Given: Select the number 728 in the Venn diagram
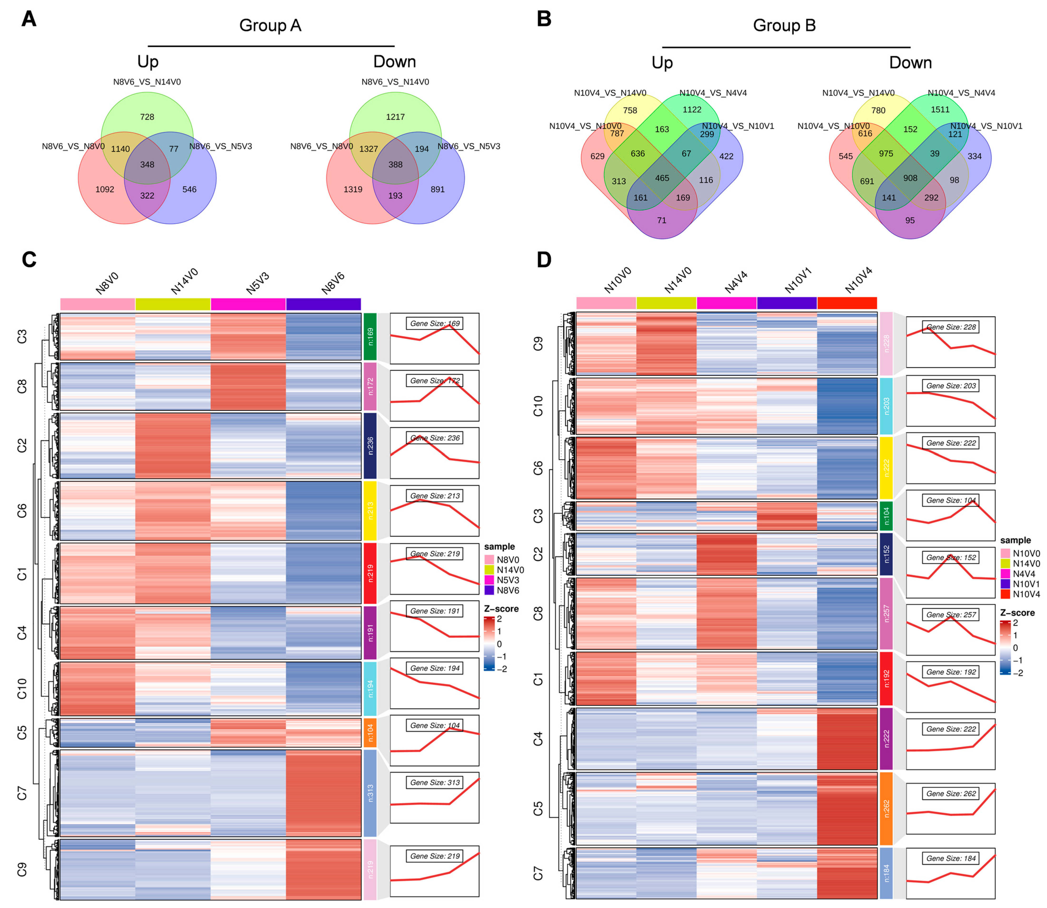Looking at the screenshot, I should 147,117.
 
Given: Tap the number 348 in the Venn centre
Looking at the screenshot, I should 147,165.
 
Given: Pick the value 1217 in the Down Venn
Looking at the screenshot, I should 395,117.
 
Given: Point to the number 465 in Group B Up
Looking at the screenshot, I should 662,178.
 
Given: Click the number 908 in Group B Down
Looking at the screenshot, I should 910,178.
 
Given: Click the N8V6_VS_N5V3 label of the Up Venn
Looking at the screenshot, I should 220,146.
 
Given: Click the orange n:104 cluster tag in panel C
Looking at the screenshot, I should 370,733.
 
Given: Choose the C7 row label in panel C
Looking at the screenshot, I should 21,793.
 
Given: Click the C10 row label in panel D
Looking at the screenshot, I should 538,406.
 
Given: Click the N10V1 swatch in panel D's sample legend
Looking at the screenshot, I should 1005,584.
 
